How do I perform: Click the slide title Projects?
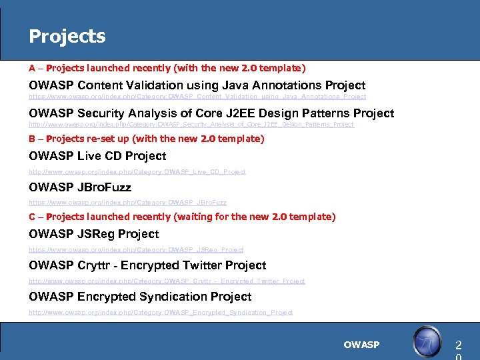tap(67, 36)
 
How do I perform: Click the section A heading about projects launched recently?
tap(167, 68)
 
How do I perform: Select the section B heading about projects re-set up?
tap(147, 139)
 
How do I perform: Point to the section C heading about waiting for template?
tap(182, 217)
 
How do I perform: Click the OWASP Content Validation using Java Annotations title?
tap(197, 85)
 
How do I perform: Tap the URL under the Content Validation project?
tap(197, 97)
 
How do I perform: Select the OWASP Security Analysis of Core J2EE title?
tap(211, 113)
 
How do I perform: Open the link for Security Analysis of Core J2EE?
tap(191, 124)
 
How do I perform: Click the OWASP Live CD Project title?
tap(97, 156)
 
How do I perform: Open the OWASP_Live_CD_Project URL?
tap(137, 171)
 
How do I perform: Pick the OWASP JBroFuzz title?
tap(80, 187)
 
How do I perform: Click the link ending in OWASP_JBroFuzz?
tap(127, 202)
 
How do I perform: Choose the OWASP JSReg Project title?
tap(94, 234)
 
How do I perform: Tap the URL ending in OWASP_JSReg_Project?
tap(136, 249)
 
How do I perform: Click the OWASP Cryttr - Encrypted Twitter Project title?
tap(147, 265)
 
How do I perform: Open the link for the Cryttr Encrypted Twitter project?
tap(167, 281)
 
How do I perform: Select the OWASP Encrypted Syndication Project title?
tap(140, 297)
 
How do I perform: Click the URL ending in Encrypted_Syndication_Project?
tap(161, 312)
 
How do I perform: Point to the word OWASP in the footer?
tap(361, 345)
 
